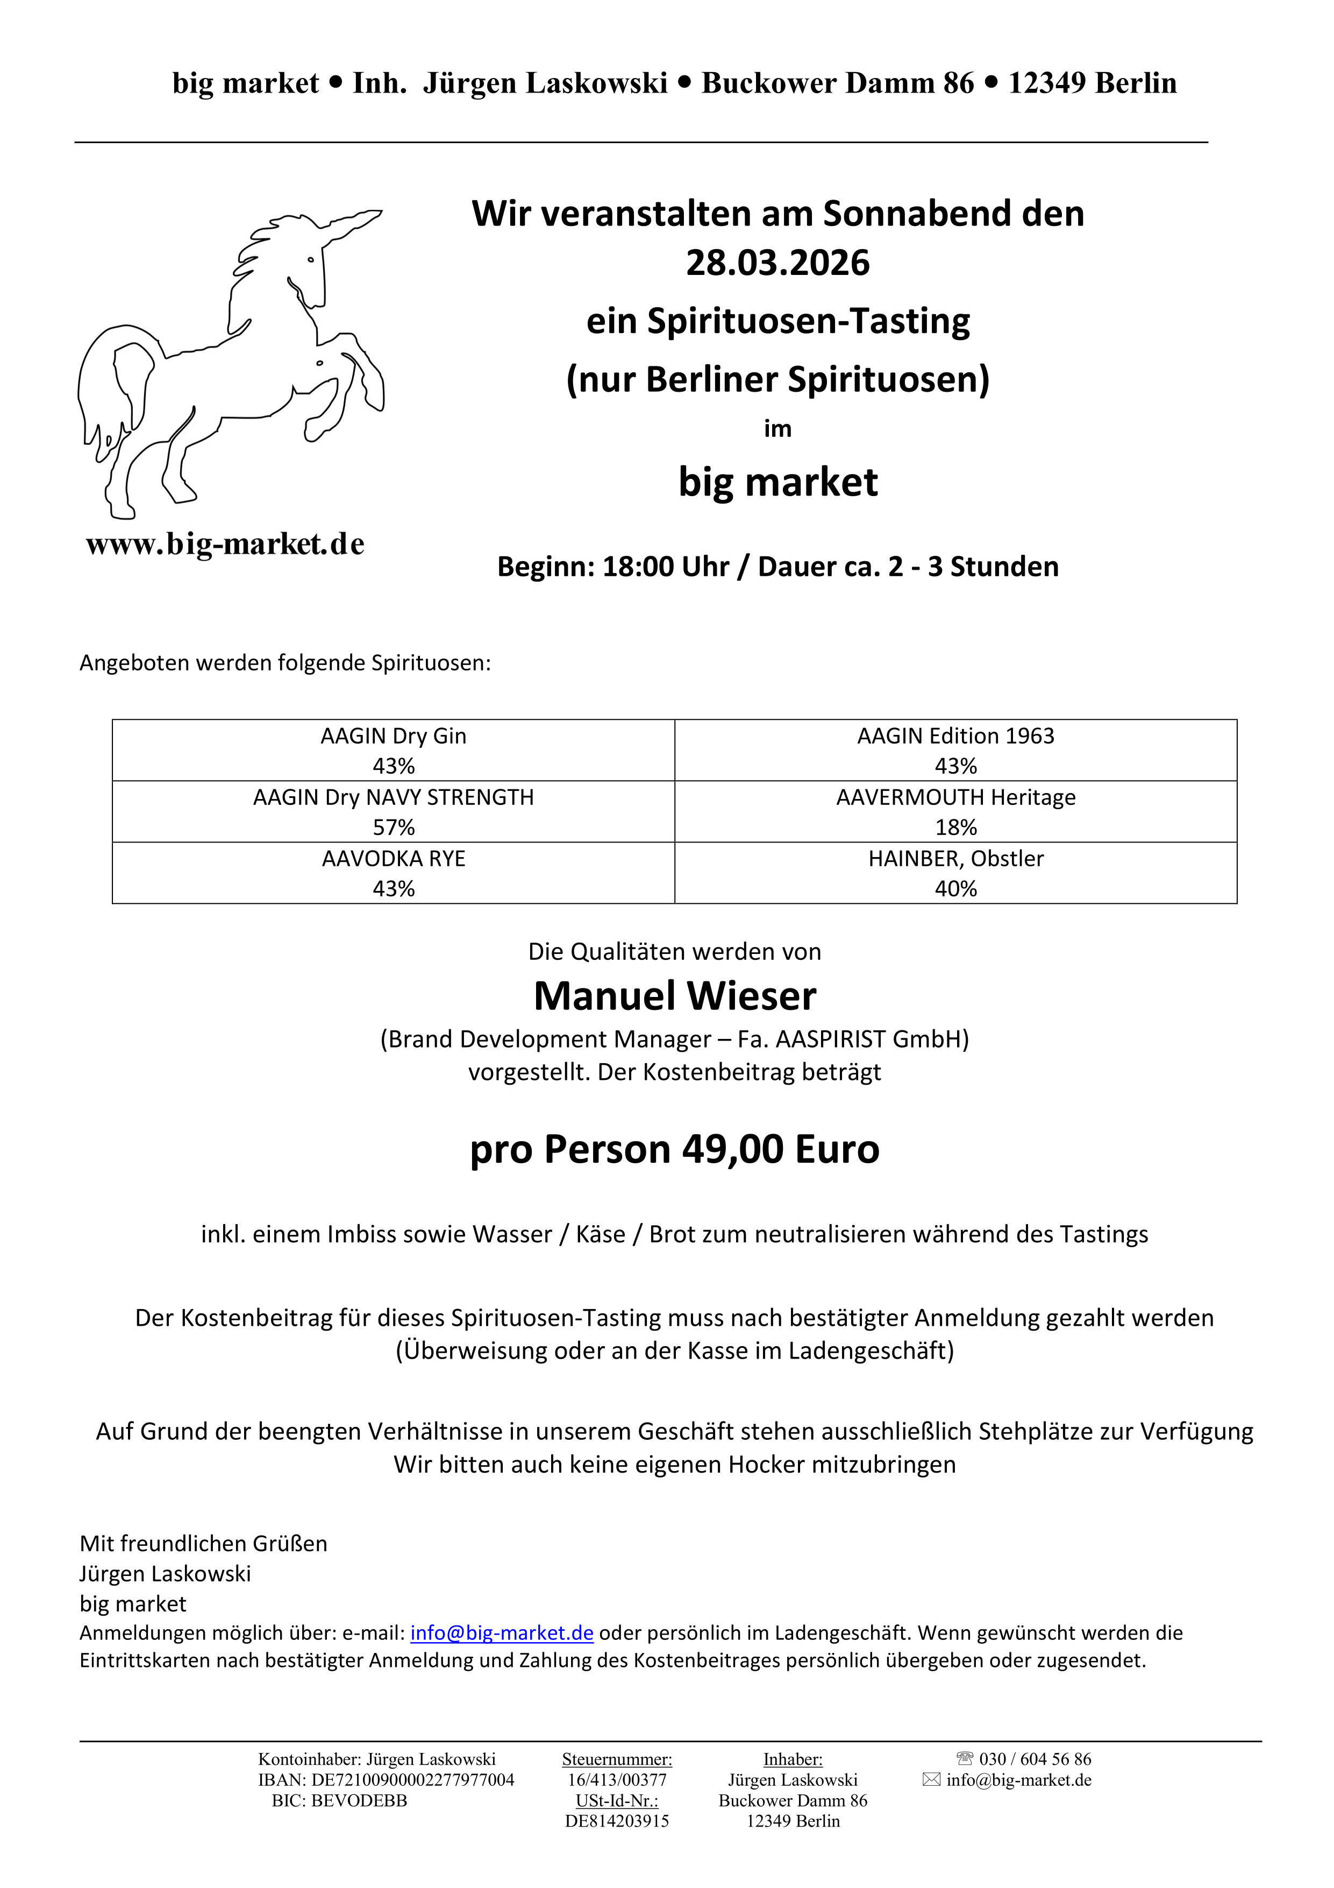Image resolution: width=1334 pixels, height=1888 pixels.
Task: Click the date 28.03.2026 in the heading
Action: [x=777, y=263]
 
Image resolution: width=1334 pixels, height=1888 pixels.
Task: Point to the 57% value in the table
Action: [x=394, y=827]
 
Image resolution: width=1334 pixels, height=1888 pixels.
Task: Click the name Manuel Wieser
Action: [x=675, y=996]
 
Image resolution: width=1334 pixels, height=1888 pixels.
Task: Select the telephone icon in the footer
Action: [x=965, y=1759]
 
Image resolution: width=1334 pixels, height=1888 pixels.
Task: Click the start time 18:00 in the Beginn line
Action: [x=634, y=567]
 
